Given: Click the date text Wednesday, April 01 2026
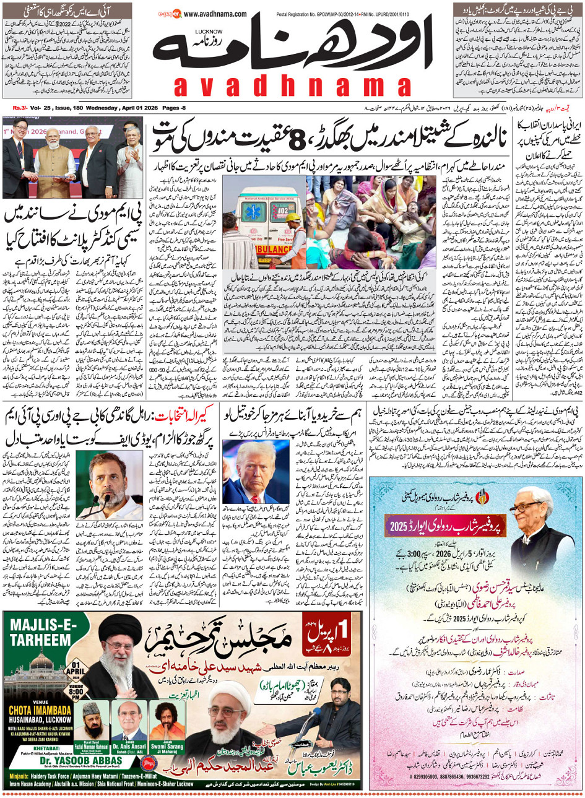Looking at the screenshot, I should click(111, 108).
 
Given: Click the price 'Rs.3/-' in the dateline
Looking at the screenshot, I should click(21, 108).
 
